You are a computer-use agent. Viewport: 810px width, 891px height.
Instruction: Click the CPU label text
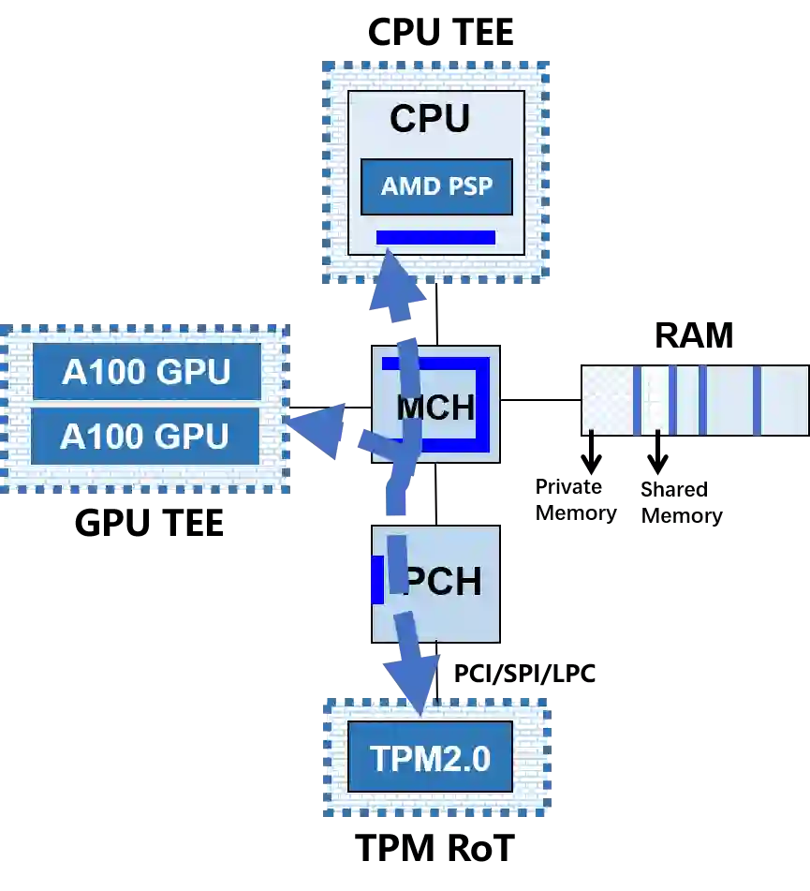coord(430,119)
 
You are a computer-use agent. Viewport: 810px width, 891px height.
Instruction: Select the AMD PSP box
coord(436,186)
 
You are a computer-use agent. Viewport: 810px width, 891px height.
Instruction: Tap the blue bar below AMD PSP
coord(435,237)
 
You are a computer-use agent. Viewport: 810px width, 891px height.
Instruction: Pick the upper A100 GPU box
coord(146,372)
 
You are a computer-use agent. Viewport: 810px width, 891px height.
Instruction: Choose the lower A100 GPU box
coord(145,436)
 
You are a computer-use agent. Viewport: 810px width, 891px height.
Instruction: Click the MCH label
coord(436,408)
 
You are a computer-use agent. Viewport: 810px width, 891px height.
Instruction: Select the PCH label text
coord(442,582)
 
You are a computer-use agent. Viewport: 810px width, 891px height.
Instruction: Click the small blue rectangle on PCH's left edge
coord(377,579)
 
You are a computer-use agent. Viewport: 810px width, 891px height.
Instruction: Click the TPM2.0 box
coord(431,757)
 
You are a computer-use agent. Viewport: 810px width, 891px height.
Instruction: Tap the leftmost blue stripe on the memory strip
coord(637,400)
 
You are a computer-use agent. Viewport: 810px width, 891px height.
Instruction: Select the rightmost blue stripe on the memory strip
coord(757,400)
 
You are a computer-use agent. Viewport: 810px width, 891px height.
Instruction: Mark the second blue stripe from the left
coord(672,400)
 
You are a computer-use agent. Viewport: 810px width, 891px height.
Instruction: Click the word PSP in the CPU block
coord(470,186)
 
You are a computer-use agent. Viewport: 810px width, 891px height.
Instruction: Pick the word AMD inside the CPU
coord(410,186)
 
